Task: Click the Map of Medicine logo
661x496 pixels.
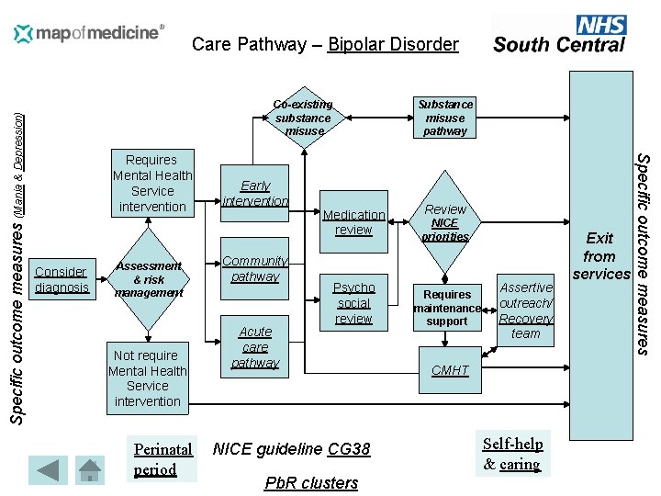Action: (x=89, y=34)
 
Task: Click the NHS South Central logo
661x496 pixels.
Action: (x=560, y=35)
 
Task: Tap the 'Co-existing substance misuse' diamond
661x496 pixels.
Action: (x=304, y=118)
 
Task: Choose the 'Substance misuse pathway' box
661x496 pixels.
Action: (x=445, y=118)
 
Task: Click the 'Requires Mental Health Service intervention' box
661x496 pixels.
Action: (x=152, y=183)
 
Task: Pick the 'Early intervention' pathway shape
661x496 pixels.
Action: (x=255, y=193)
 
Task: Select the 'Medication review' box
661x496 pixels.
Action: (x=353, y=222)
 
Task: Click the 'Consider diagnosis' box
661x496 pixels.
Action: (x=61, y=279)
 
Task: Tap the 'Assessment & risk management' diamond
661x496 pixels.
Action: (x=148, y=279)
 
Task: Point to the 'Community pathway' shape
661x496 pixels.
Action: (x=255, y=268)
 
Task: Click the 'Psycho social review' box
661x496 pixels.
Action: (x=353, y=302)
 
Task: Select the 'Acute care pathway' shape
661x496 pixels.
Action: (x=255, y=346)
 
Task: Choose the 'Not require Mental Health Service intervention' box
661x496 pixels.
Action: (x=148, y=378)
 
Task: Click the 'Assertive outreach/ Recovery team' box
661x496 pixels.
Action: (x=526, y=310)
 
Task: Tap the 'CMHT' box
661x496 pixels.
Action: (x=450, y=370)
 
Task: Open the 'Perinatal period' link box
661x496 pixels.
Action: (x=163, y=459)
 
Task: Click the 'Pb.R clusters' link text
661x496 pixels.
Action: (x=311, y=482)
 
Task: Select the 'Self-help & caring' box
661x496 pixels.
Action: (x=513, y=454)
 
